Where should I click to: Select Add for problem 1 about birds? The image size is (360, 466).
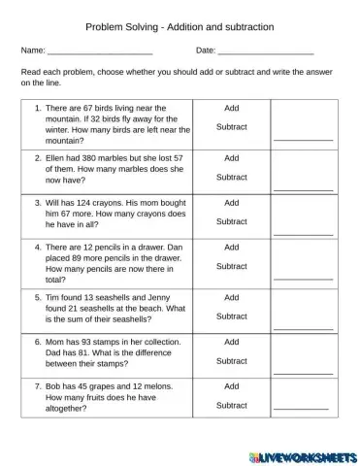pos(231,109)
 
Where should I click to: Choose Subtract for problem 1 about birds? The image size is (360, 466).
pos(231,127)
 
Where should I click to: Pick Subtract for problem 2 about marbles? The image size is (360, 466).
pos(231,177)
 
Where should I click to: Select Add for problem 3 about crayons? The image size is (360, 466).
pos(231,203)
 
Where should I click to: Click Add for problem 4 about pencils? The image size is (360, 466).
pos(231,248)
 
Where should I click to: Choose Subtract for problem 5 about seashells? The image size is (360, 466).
pos(231,316)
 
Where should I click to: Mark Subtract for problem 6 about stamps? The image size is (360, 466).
pos(231,361)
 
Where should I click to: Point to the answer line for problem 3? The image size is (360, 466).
pos(303,234)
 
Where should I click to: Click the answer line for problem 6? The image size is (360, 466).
pos(303,373)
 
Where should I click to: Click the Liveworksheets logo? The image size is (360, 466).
pos(302,455)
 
